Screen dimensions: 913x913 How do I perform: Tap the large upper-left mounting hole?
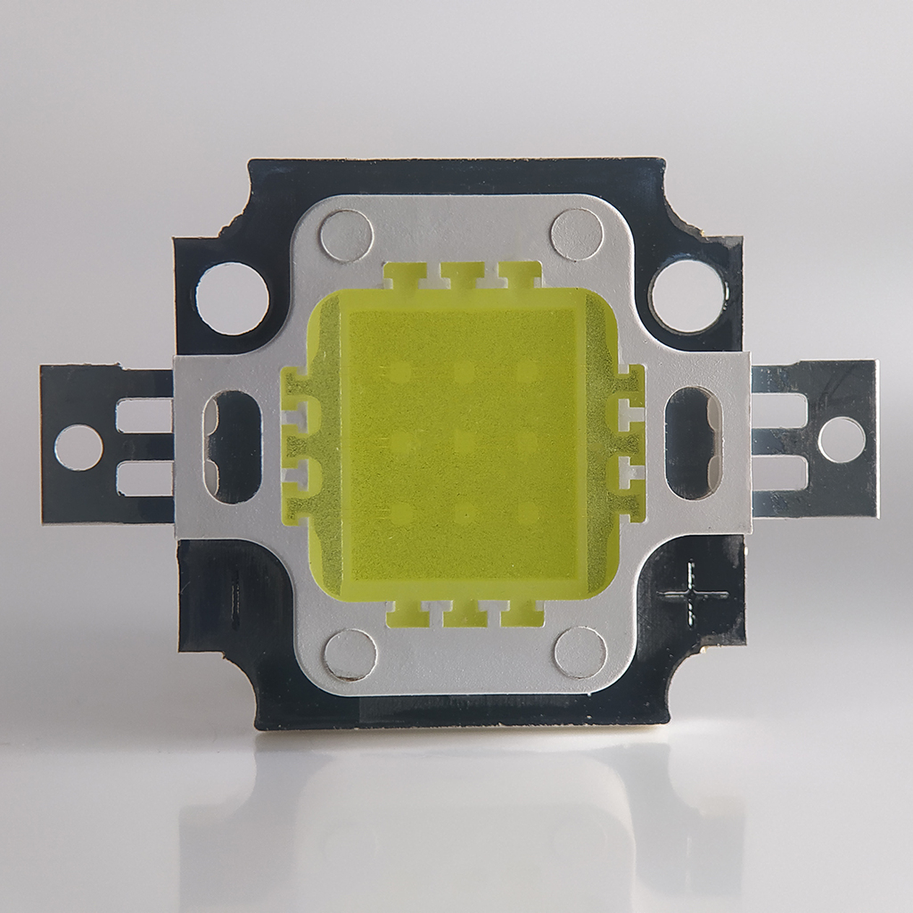tap(232, 298)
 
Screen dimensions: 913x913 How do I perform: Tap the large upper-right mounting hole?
tap(687, 294)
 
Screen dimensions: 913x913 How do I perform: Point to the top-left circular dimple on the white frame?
tap(346, 235)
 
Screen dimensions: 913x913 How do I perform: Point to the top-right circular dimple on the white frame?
tap(577, 234)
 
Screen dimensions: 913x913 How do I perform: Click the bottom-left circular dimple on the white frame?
tap(350, 654)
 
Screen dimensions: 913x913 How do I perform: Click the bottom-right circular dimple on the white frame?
tap(580, 653)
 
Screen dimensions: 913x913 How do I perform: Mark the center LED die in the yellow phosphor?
tap(463, 440)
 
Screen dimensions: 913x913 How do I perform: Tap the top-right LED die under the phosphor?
tap(527, 370)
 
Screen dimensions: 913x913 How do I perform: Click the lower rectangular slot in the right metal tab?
tap(779, 473)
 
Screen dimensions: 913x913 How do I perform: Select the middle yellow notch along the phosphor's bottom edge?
tap(464, 613)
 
